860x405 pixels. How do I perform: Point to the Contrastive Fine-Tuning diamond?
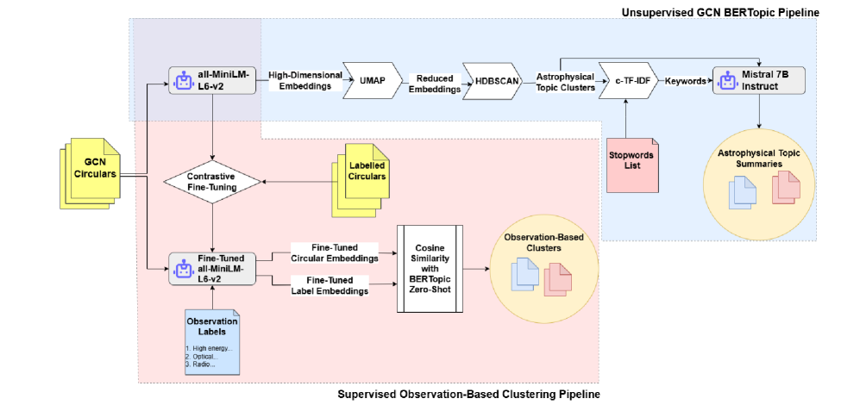(212, 182)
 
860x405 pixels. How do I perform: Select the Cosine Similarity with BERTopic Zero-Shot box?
(430, 267)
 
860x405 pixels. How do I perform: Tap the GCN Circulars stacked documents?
(89, 172)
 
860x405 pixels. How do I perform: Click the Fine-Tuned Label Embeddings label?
(331, 286)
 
